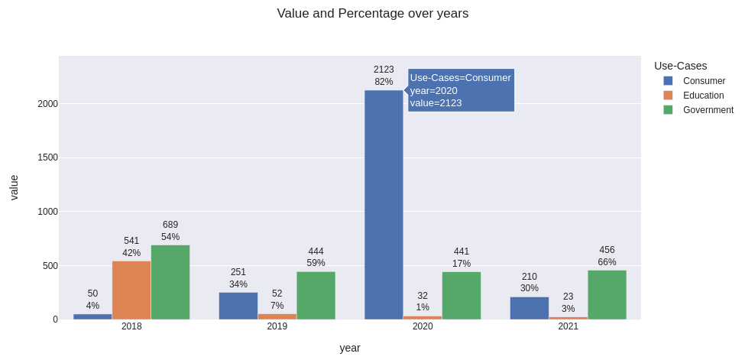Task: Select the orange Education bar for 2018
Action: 131,290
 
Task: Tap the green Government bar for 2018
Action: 170,282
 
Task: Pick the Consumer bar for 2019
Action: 238,306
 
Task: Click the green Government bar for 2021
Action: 607,295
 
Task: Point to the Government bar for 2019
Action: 316,296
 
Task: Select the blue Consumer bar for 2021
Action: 530,308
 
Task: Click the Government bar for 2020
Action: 462,296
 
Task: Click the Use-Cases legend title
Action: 680,66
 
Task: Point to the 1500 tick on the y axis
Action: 47,157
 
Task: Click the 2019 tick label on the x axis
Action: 277,326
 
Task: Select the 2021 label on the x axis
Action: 568,326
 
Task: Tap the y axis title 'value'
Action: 14,187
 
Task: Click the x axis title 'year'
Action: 350,348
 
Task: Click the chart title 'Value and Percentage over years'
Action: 373,14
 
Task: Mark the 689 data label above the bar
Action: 170,225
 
